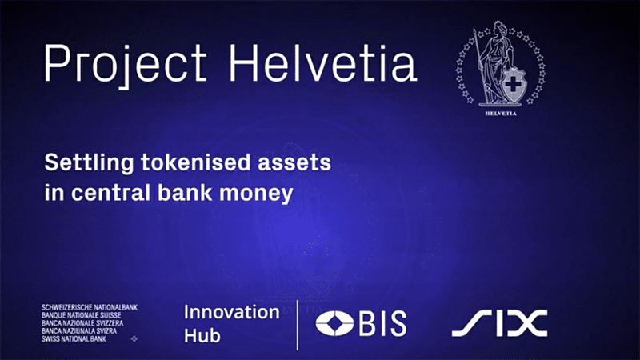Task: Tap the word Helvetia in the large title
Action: [x=322, y=62]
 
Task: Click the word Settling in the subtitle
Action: [x=89, y=163]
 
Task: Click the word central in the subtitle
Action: [x=111, y=192]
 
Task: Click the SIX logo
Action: [x=499, y=323]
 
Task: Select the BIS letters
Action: [x=383, y=323]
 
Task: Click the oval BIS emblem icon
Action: [x=334, y=323]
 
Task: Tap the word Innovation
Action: [x=231, y=312]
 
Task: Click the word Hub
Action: [x=202, y=335]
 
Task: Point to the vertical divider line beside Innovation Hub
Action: [x=297, y=325]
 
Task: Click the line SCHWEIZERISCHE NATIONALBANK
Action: [x=90, y=307]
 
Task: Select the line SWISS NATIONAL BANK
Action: [x=74, y=338]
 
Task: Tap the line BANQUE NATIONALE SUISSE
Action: [x=82, y=315]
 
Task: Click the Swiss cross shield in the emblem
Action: [x=513, y=85]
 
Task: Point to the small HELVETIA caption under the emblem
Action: [x=501, y=114]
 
